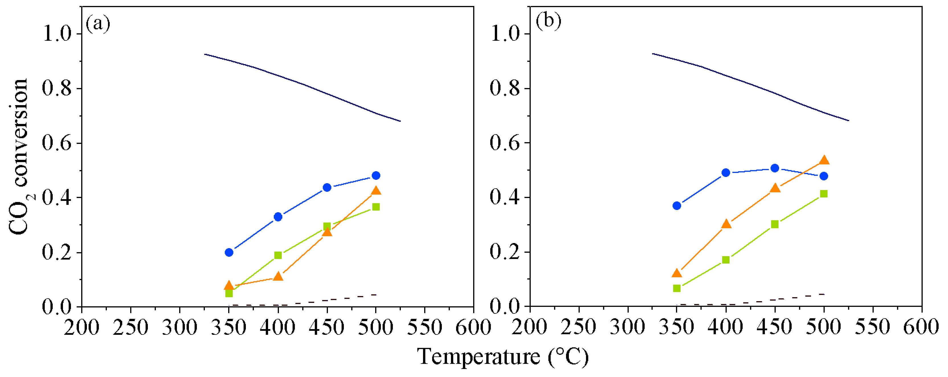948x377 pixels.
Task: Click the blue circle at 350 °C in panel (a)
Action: pos(229,252)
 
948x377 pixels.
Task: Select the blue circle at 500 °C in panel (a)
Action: pos(376,175)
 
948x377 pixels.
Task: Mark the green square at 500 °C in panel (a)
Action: pos(376,207)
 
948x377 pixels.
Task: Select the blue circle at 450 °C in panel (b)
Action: pos(775,168)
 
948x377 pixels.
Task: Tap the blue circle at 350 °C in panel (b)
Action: pos(677,205)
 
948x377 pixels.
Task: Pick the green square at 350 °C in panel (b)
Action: pos(677,288)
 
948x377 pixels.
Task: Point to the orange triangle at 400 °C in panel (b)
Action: pos(726,224)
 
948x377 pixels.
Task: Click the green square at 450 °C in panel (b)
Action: pos(775,224)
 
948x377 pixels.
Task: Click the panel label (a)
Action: pos(98,24)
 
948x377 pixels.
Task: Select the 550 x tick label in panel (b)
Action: pos(873,327)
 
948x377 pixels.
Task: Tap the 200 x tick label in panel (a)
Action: pos(81,327)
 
